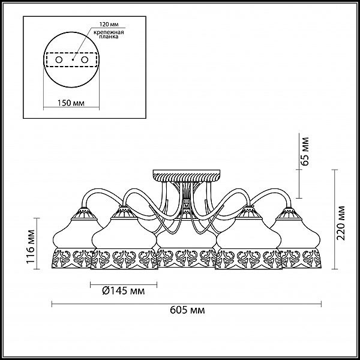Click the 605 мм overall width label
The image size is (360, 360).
(x=187, y=310)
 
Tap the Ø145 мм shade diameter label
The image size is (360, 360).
(x=123, y=291)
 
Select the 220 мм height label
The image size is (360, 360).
(x=341, y=223)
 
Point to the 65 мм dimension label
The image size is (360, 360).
(x=305, y=151)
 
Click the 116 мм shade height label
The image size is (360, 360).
(x=31, y=247)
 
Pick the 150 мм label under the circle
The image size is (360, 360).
(x=71, y=103)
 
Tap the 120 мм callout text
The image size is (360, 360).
(x=109, y=25)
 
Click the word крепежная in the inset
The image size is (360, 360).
(x=109, y=32)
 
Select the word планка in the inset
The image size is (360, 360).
(x=109, y=37)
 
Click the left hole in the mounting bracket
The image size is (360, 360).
(x=59, y=60)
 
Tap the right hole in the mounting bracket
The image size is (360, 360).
(x=85, y=60)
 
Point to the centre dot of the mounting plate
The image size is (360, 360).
(x=73, y=59)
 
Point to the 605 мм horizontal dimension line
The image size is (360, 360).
(x=187, y=304)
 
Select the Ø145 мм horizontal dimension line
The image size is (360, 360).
(x=124, y=285)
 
